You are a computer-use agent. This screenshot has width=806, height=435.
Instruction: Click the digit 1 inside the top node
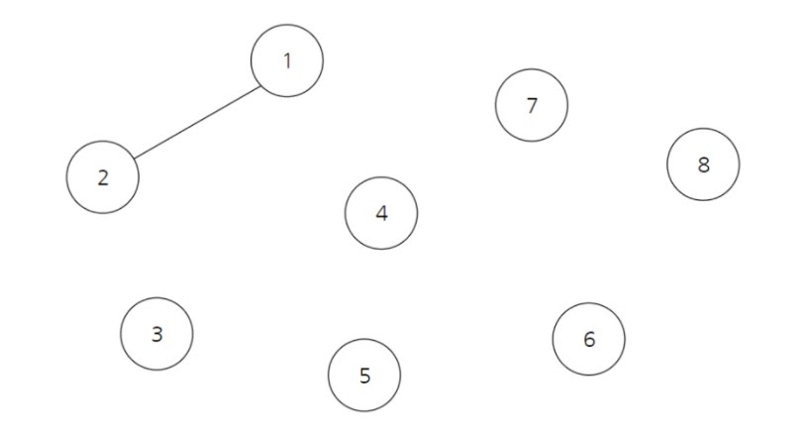point(287,61)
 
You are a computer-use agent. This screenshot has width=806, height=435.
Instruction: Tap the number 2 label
point(103,178)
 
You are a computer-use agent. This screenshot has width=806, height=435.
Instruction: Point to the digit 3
point(156,335)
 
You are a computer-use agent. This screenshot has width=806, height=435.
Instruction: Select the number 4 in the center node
point(381,213)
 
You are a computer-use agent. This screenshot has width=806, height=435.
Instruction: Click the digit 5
point(364,376)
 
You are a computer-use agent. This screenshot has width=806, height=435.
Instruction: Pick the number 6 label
point(589,340)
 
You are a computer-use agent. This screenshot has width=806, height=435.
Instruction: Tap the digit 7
point(532,105)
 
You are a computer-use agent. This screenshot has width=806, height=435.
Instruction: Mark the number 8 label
point(704,164)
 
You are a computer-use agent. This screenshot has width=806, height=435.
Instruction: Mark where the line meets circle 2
point(134,158)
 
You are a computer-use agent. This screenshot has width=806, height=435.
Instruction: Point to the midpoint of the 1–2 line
point(197,121)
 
